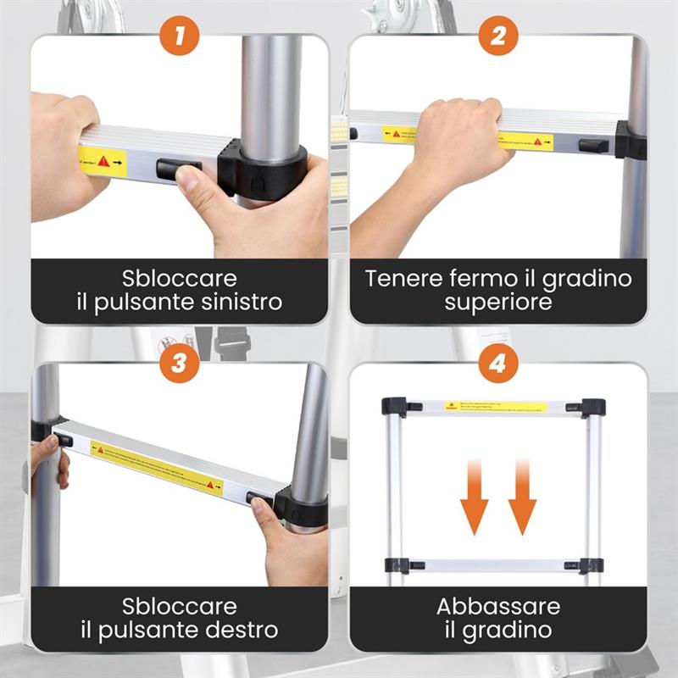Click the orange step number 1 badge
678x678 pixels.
[x=179, y=36]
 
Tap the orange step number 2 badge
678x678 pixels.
[x=497, y=36]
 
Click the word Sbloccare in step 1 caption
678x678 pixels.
[x=179, y=279]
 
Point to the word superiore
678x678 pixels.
[x=497, y=302]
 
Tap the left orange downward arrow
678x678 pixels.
[x=475, y=501]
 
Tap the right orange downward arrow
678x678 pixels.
[x=522, y=501]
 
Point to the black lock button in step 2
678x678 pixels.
[x=593, y=145]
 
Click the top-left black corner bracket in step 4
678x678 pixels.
[x=394, y=406]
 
